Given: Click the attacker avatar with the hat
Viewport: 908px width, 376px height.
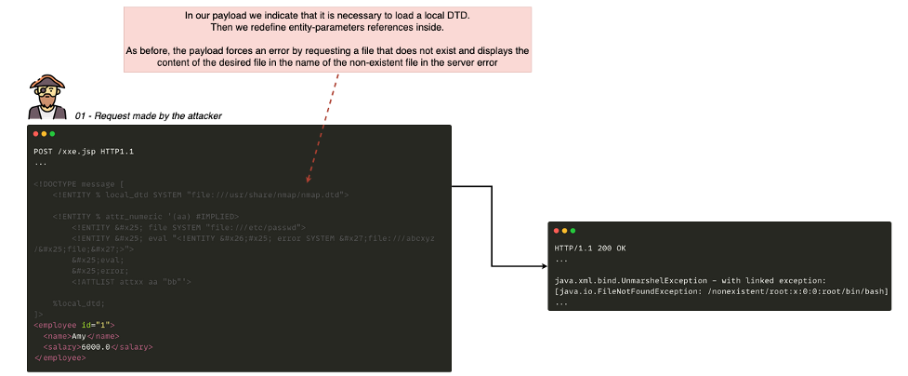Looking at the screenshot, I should click(x=46, y=97).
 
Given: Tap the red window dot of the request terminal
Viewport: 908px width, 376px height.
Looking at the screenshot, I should click(x=35, y=134).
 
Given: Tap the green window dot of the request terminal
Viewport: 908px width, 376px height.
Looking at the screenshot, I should click(x=53, y=134).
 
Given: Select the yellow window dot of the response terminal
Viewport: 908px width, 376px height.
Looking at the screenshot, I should click(x=564, y=230).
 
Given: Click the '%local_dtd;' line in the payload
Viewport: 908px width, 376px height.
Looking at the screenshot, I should click(x=79, y=302).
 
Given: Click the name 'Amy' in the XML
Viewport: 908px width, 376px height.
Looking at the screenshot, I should click(x=78, y=335).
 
